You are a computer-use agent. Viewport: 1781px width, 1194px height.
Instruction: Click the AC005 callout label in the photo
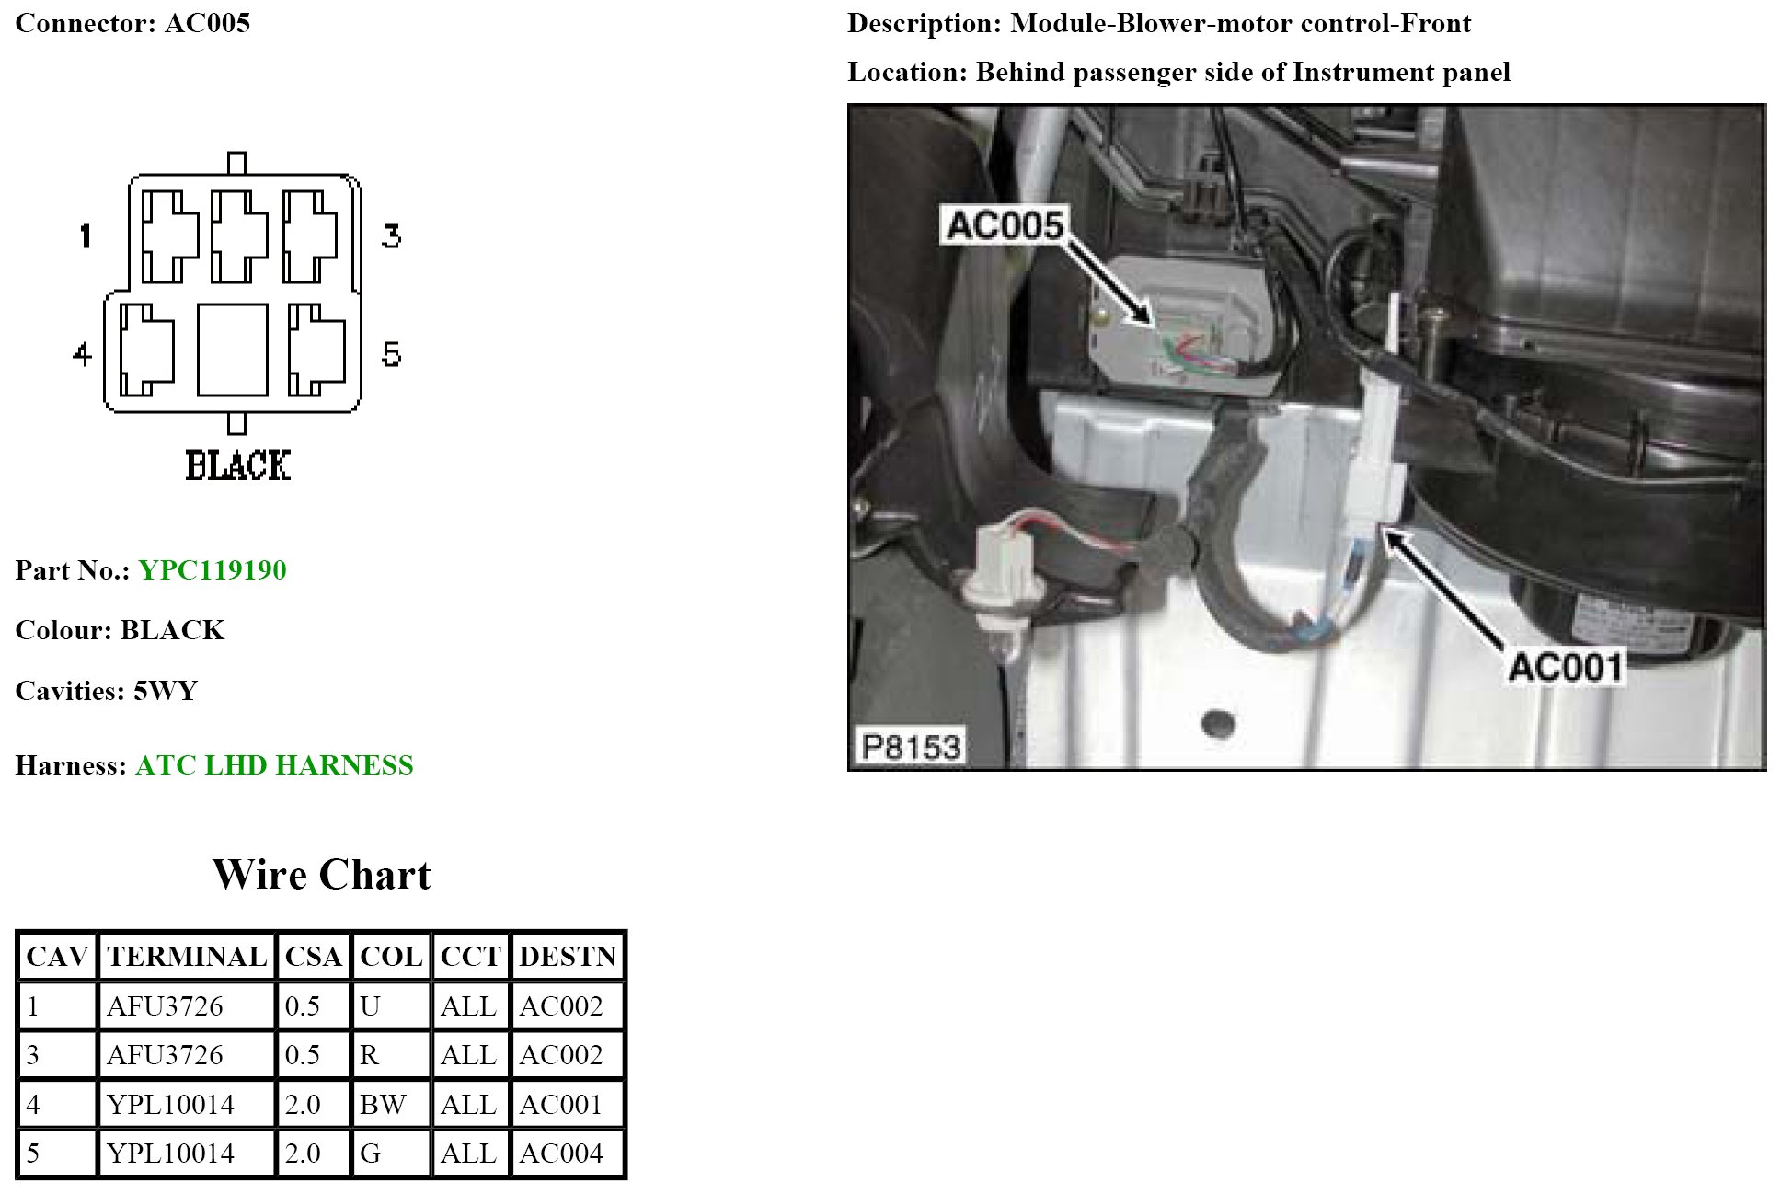(x=1004, y=225)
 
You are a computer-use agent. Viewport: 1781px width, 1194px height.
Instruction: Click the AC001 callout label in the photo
(x=1566, y=667)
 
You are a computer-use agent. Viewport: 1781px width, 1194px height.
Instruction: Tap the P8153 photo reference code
(x=911, y=746)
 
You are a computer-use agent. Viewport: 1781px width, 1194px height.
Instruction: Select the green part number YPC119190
(x=213, y=570)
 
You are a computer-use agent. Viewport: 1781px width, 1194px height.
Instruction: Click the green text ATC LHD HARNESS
(x=274, y=765)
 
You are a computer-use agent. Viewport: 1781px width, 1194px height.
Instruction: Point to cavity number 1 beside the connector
(x=86, y=235)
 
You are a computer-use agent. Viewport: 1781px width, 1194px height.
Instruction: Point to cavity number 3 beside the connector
(x=391, y=236)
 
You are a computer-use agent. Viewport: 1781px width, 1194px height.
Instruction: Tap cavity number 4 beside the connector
(x=82, y=354)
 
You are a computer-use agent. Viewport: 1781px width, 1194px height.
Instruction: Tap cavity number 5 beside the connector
(x=391, y=354)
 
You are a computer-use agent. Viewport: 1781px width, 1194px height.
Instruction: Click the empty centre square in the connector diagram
(x=233, y=350)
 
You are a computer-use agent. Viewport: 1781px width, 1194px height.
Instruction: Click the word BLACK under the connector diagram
(x=238, y=465)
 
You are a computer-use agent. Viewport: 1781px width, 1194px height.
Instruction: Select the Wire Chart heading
(x=321, y=875)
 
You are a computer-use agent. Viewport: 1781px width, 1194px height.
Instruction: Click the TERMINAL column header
(x=187, y=957)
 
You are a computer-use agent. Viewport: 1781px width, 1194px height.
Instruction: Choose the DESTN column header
(x=567, y=957)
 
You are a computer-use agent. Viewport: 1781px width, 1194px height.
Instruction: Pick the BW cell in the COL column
(x=383, y=1104)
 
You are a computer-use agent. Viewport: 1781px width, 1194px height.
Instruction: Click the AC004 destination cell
(x=561, y=1154)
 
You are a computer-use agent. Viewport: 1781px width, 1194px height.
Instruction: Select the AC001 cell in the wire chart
(x=561, y=1104)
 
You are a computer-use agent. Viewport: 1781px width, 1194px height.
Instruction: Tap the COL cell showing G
(x=370, y=1154)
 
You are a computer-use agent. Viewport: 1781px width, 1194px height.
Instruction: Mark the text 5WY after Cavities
(x=166, y=691)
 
